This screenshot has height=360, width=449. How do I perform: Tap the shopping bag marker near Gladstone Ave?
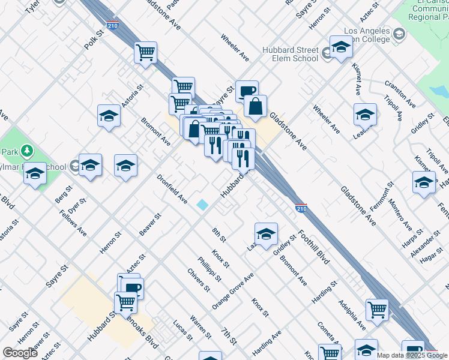[255, 106]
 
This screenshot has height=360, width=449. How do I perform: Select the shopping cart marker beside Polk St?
[145, 53]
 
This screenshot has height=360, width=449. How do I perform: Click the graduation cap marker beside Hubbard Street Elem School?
[340, 47]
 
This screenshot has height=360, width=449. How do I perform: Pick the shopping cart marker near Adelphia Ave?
[377, 310]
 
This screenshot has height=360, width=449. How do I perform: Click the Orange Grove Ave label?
[232, 291]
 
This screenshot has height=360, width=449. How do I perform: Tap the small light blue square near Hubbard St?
[203, 205]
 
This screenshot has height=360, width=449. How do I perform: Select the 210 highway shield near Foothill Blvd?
[302, 208]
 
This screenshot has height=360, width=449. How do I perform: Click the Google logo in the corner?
[20, 353]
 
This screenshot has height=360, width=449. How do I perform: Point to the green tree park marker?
[25, 151]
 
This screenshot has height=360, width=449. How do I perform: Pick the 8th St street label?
[218, 235]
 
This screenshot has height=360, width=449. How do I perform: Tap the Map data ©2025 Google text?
[411, 355]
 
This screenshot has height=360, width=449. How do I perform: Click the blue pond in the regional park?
[439, 91]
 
